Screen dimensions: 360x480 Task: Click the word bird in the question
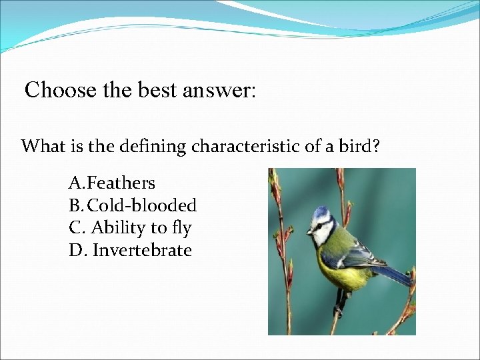click(362, 147)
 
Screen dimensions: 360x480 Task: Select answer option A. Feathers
click(112, 183)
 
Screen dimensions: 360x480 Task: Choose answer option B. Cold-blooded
click(133, 205)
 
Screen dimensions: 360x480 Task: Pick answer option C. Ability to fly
click(131, 228)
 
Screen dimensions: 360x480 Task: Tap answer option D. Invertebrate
click(131, 251)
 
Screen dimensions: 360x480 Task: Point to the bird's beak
click(309, 232)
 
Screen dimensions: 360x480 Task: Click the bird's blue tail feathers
click(397, 274)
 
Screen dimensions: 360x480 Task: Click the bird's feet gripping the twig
click(341, 303)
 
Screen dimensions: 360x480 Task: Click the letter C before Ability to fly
click(75, 228)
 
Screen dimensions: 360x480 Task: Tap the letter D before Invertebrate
click(75, 251)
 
